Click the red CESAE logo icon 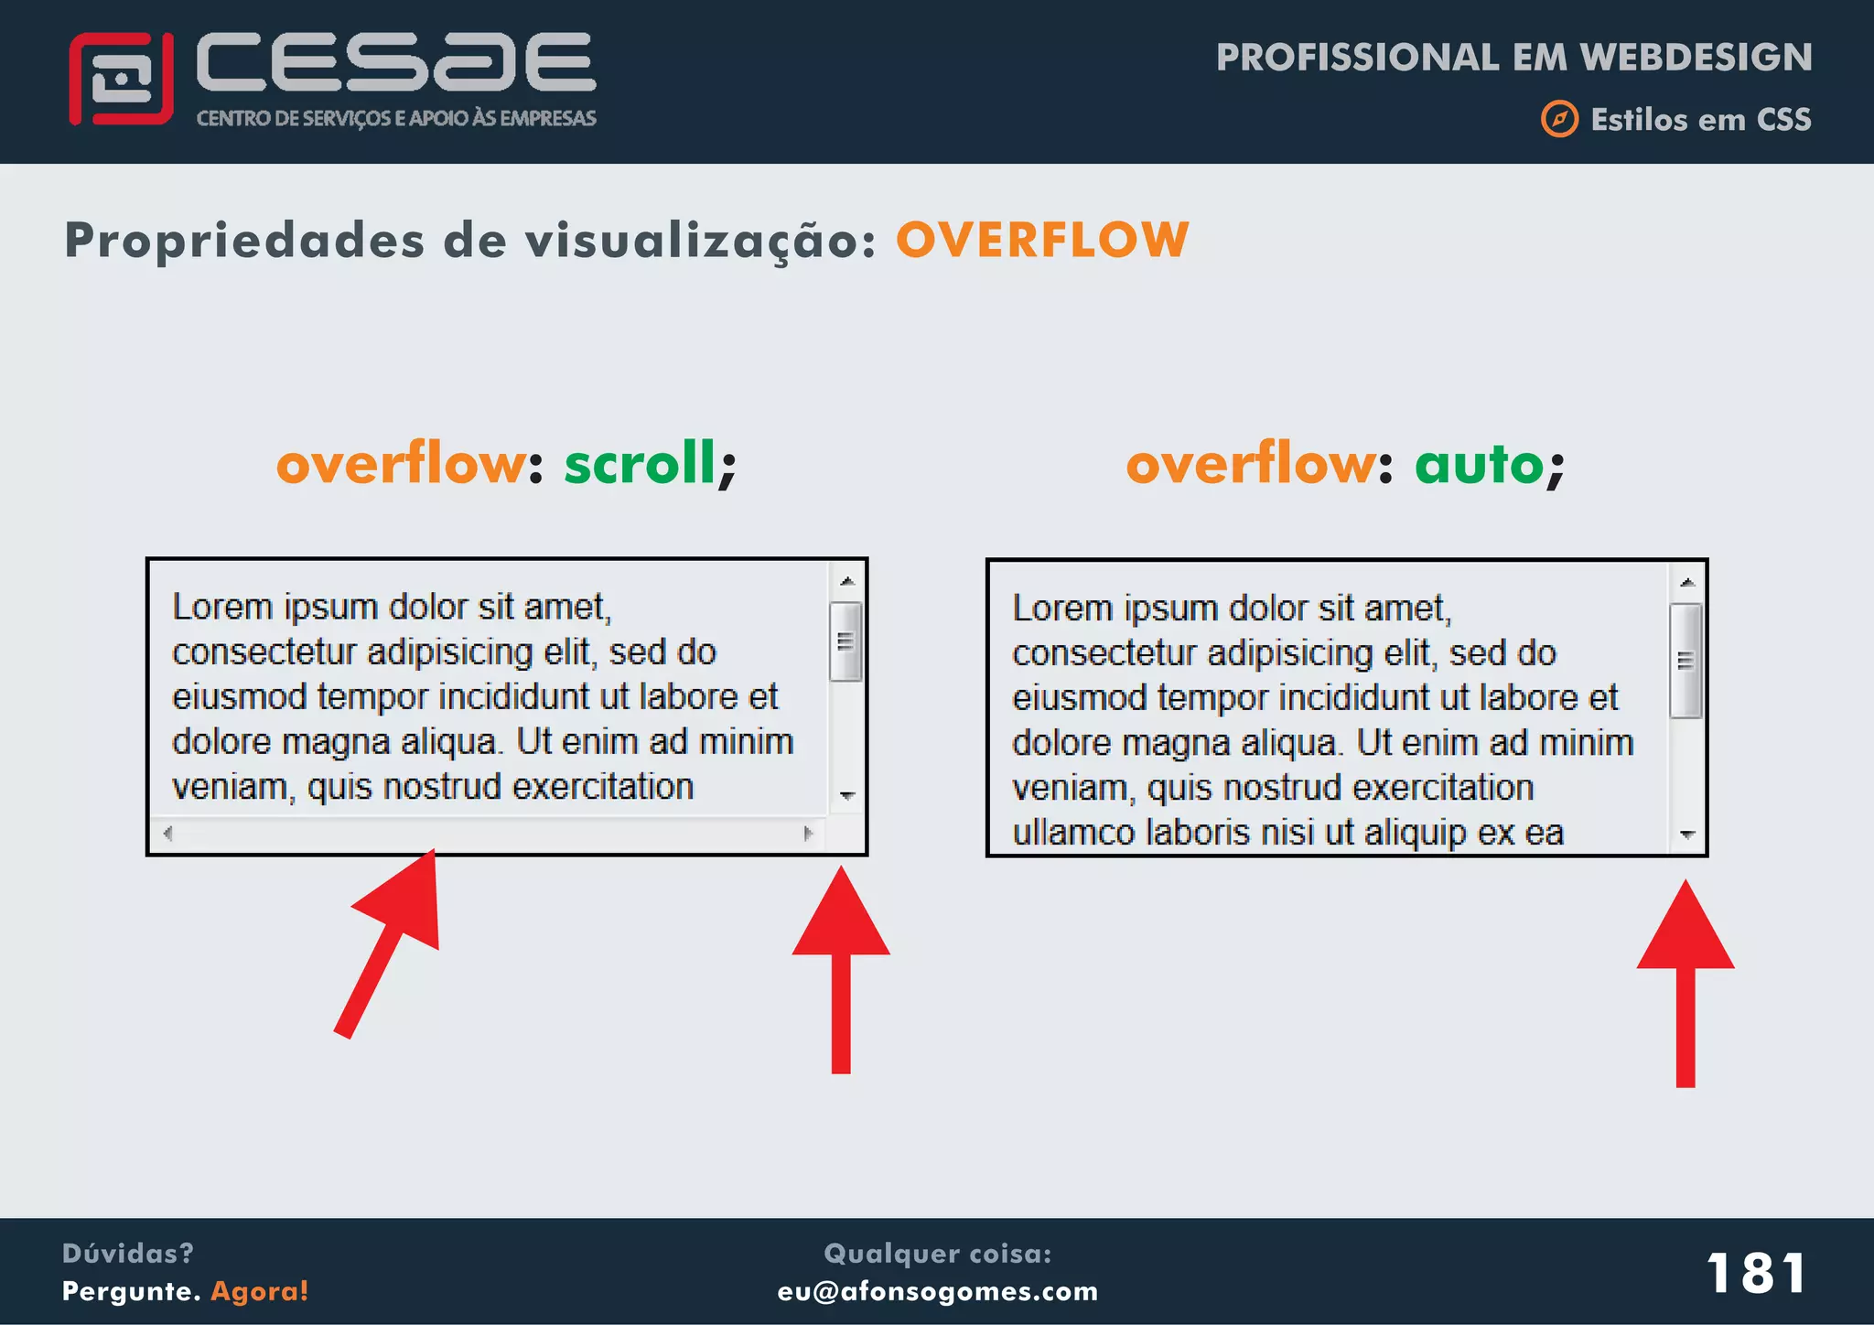coord(121,80)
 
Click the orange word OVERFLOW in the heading coord(1042,241)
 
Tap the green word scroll coord(640,463)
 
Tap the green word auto coord(1480,464)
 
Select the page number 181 coord(1756,1273)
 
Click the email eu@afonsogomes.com coord(937,1291)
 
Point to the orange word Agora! coord(260,1291)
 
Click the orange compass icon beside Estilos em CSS coord(1559,119)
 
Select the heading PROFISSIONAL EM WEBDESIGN coord(1513,58)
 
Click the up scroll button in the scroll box coord(847,581)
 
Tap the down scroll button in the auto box coord(1688,834)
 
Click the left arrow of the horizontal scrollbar coord(167,833)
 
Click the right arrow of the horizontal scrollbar coord(808,833)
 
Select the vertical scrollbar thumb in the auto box coord(1686,661)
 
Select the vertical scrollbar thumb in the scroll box coord(846,641)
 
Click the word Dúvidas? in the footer coord(127,1253)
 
